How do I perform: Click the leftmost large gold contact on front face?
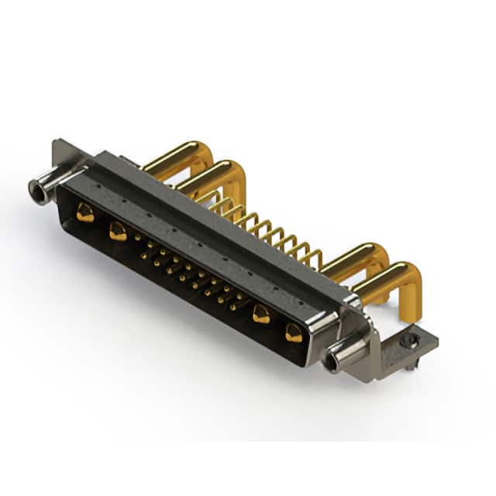coord(84,213)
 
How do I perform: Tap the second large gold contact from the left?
coord(117,231)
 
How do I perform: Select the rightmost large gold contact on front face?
coord(293,333)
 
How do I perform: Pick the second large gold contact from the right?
coord(261,314)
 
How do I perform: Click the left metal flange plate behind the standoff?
coord(66,155)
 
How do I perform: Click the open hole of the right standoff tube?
coord(332,363)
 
